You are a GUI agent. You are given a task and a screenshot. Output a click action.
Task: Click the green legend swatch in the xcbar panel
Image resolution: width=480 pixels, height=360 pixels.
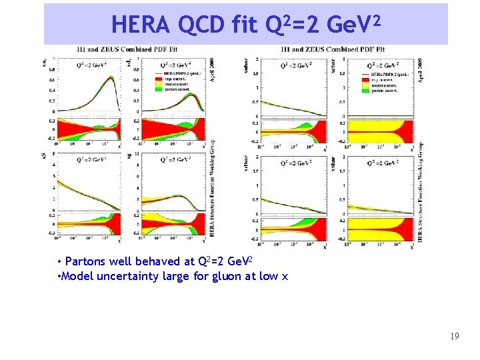368,89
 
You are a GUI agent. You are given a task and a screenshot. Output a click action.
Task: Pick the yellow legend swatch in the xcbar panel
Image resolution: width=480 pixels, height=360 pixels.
368,83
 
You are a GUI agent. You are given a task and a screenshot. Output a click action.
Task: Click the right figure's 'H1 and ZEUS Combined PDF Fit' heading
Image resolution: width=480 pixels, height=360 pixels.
333,50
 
